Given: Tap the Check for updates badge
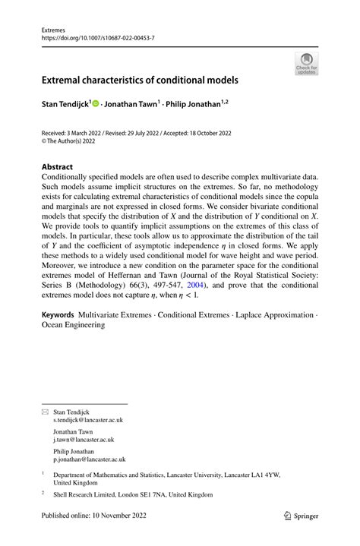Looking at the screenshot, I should click(x=306, y=64).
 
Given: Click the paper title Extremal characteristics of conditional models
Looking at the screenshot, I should click(x=140, y=80).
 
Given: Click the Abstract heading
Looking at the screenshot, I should click(x=57, y=166).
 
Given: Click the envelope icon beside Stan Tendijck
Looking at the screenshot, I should click(x=45, y=411).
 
